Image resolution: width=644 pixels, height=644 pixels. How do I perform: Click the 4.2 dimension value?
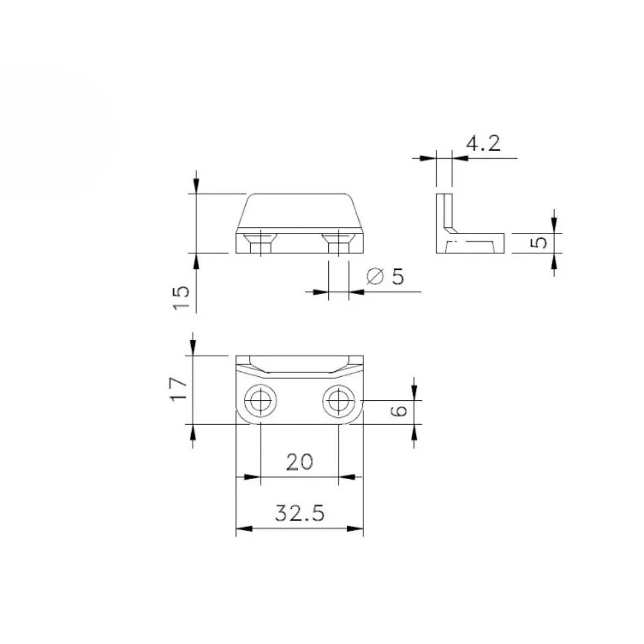coord(483,143)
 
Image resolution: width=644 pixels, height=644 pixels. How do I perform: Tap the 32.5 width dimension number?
coord(300,514)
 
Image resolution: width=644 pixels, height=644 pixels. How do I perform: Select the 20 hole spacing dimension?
coord(299,462)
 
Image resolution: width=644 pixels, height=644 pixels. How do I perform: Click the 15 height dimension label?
coord(181,297)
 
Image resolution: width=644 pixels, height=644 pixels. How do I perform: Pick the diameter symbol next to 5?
coord(375,276)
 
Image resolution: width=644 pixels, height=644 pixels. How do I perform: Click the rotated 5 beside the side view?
coord(541,242)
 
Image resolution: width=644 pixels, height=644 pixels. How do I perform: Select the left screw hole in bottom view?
coord(261,400)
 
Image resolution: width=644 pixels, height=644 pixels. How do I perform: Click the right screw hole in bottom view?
coord(339,400)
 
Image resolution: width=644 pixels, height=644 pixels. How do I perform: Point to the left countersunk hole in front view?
coord(260,242)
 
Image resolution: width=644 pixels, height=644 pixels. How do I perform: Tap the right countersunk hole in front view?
coord(338,242)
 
